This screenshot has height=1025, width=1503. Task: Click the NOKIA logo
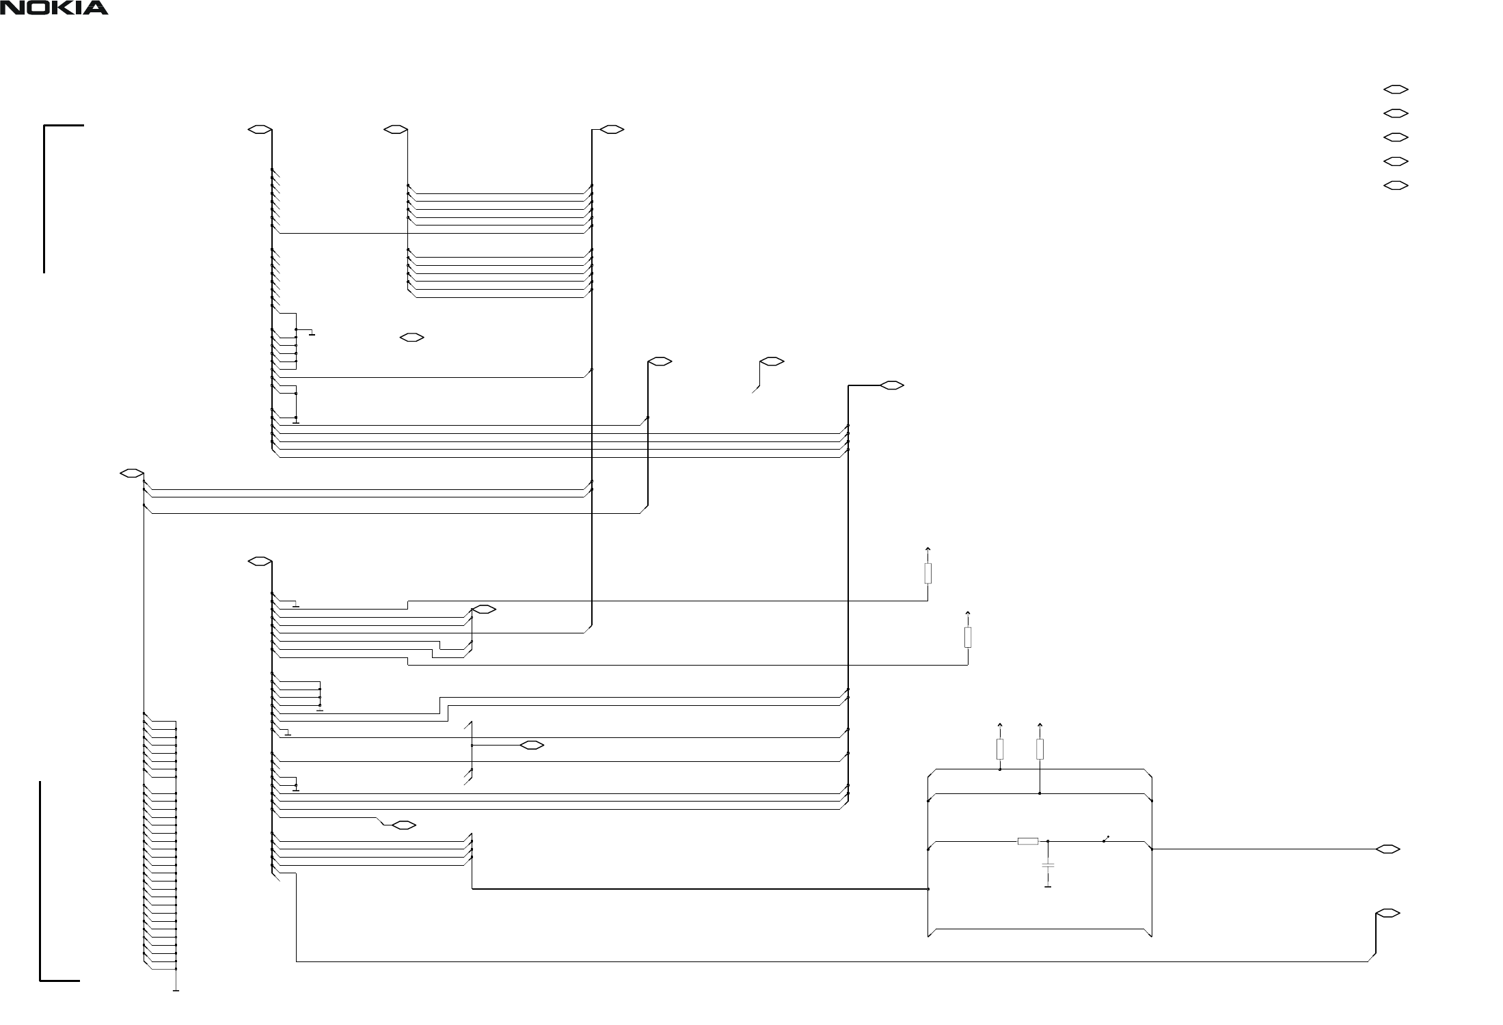pos(54,8)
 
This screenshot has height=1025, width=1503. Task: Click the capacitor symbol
pos(1048,865)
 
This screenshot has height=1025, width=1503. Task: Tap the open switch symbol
pos(1105,839)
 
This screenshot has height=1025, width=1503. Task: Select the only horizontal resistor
pos(1028,841)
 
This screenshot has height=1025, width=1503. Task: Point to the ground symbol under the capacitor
pos(1048,887)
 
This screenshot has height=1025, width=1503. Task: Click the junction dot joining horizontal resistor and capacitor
pos(1048,841)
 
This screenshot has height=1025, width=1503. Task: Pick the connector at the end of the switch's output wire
pos(1387,849)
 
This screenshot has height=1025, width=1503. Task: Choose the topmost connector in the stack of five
pos(1396,89)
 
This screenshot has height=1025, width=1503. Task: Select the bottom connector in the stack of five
pos(1396,185)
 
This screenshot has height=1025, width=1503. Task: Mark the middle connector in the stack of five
pos(1396,137)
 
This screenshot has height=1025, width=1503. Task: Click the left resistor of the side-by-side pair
pos(1000,749)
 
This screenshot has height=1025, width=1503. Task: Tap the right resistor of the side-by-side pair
pos(1040,749)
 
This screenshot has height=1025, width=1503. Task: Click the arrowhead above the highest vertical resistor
pos(927,548)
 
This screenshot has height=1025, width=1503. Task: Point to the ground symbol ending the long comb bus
pos(176,989)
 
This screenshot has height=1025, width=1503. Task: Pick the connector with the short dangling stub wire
pos(772,361)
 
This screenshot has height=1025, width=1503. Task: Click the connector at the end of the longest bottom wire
pos(1387,913)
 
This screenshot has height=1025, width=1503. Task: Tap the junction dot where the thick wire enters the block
pos(928,889)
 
